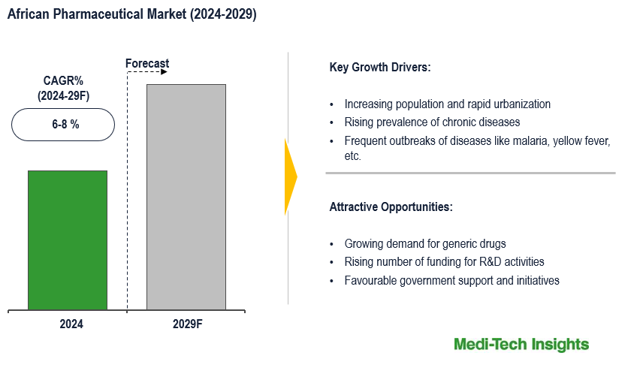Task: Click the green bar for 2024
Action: pos(68,240)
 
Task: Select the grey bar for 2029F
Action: pos(186,197)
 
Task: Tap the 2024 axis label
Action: pos(71,324)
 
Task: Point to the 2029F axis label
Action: pos(187,324)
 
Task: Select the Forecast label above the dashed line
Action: pos(147,64)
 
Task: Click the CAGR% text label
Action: pos(63,81)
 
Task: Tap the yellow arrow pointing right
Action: pos(291,177)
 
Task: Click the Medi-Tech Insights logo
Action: pos(521,345)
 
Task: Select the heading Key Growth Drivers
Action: pos(380,68)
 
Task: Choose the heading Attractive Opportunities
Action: pos(391,207)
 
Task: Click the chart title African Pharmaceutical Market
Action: pos(132,14)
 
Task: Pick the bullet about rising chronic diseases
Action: pos(432,122)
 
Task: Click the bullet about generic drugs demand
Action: pos(425,243)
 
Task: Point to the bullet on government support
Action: pos(451,281)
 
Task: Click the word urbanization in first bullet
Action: pos(521,104)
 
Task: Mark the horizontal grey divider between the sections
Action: pos(470,173)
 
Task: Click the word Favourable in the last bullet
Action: pos(371,281)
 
